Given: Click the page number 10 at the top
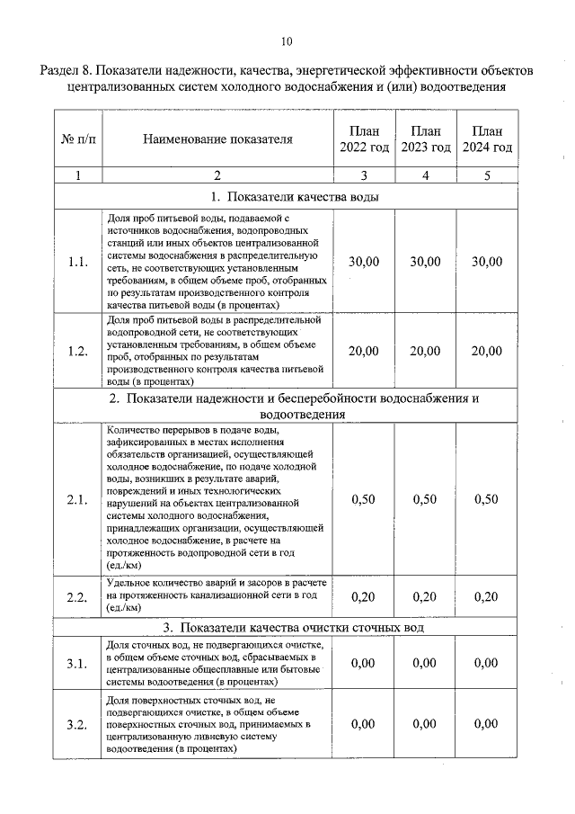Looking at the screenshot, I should point(287,40).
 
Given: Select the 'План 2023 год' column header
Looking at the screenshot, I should point(425,139).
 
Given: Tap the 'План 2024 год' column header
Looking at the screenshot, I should point(486,139).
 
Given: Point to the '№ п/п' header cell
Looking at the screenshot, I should point(78,139).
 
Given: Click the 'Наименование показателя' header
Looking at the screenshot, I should point(217,139).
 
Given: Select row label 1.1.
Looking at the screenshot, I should point(78,262).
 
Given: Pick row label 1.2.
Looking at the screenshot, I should point(78,351).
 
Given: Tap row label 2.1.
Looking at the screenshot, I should point(78,499).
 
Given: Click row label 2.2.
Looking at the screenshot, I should point(78,595).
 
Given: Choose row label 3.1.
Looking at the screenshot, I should point(78,663).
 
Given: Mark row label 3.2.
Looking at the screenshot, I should point(78,723).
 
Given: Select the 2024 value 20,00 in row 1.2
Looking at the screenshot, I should point(486,351).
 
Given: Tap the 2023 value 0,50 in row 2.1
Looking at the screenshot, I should point(425,499).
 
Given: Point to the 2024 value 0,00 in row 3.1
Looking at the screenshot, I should point(486,663).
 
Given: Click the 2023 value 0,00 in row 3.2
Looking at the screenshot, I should point(425,723).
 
